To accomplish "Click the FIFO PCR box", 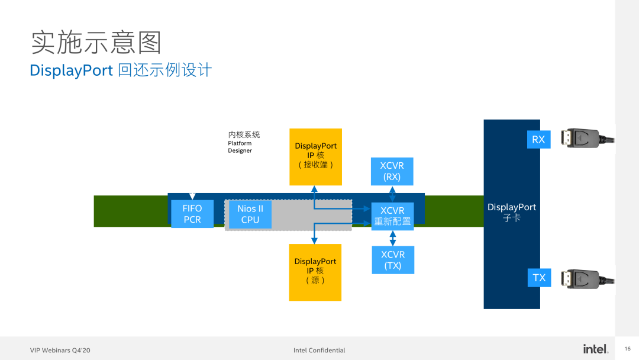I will (x=192, y=214).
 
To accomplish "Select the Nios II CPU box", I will (x=250, y=214).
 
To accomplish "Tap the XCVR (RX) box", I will (x=392, y=171).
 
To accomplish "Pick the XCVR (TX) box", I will (x=393, y=260).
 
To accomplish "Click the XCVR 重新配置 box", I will (x=392, y=216).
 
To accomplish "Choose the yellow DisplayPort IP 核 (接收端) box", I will (x=315, y=156).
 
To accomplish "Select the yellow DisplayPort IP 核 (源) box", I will (x=315, y=272).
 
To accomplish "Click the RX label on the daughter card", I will (x=538, y=140).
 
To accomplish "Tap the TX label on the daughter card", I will (x=539, y=278).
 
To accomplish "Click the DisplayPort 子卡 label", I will (x=512, y=213).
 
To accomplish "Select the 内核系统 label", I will (x=244, y=134).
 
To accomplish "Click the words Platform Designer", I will (x=240, y=147).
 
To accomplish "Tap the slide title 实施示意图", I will (x=96, y=43).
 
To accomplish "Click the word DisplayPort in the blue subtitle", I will (x=71, y=70).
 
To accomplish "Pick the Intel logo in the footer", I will (x=595, y=349).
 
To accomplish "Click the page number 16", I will (x=627, y=349).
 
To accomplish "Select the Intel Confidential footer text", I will (x=319, y=351).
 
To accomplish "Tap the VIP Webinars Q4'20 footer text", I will (x=60, y=351).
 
